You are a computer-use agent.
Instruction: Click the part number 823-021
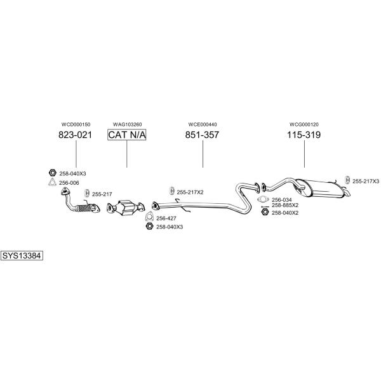[x=75, y=135]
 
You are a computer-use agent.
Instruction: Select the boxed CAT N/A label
[x=127, y=135]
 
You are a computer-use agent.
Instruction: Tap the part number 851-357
[x=202, y=135]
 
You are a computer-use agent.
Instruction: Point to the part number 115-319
[x=304, y=135]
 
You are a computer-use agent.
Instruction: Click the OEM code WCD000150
[x=76, y=124]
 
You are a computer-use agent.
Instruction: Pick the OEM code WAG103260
[x=128, y=124]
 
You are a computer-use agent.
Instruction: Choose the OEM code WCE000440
[x=203, y=124]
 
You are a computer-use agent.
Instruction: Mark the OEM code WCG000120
[x=304, y=124]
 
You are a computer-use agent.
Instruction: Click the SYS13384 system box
[x=22, y=256]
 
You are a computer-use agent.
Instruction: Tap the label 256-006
[x=69, y=183]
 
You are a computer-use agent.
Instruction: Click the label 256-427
[x=166, y=218]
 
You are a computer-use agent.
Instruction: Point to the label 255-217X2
[x=190, y=192]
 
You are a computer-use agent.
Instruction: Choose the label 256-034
[x=281, y=200]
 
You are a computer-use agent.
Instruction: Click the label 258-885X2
[x=285, y=205]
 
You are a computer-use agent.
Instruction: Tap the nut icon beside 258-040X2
[x=265, y=212]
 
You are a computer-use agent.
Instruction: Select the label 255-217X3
[x=366, y=181]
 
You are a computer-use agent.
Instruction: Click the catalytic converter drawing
[x=126, y=208]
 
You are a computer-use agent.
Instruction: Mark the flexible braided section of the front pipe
[x=84, y=208]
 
